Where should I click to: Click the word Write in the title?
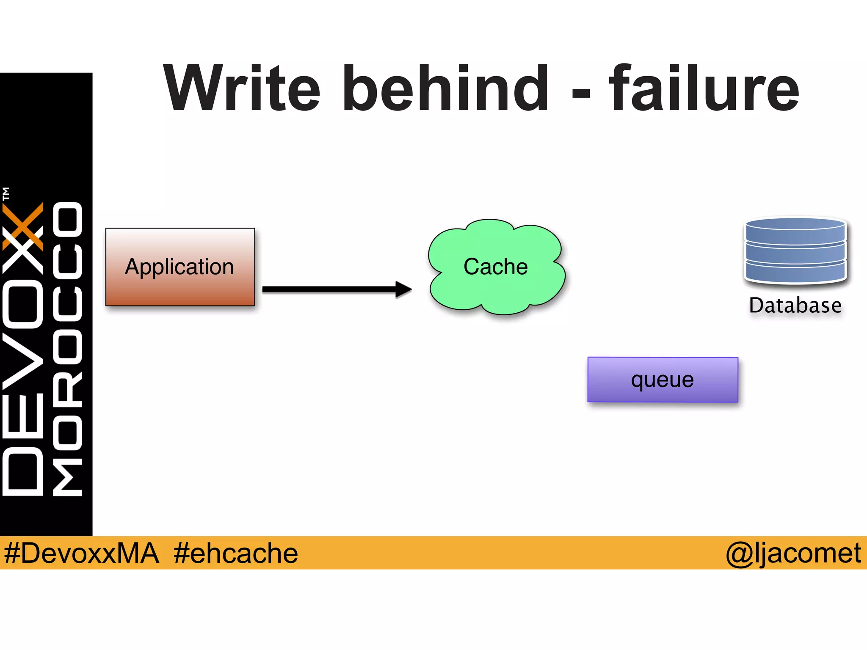pos(241,89)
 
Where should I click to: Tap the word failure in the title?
pos(704,89)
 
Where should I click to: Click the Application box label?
pos(179,267)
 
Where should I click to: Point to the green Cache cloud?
pos(496,267)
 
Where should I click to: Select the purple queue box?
pos(663,380)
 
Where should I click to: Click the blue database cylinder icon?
pos(795,251)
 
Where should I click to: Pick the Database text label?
pos(795,306)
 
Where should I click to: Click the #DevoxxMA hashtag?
pos(81,553)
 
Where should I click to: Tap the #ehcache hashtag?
pos(235,553)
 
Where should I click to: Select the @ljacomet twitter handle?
pos(793,553)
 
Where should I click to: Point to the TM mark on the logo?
pos(6,194)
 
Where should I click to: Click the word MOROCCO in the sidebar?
pos(68,349)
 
